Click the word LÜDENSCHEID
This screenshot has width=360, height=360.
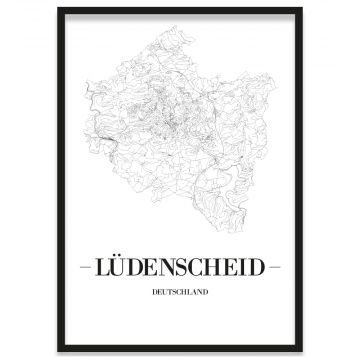tap(180, 268)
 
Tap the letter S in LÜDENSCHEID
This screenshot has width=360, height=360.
tap(184, 268)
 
